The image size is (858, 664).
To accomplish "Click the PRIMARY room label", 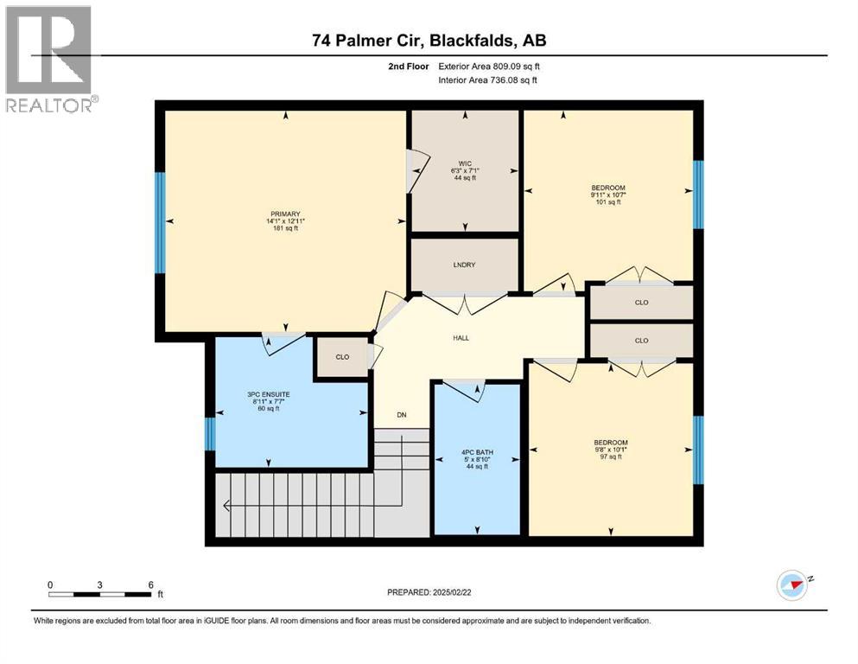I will coord(284,214).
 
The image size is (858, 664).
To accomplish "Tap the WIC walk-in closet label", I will coord(464,163).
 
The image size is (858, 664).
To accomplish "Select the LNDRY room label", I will coord(464,265).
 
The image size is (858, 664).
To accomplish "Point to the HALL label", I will coord(461,337).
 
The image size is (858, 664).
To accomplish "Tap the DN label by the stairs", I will coord(402,415).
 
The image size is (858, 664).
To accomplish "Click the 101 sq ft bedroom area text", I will coord(608,203).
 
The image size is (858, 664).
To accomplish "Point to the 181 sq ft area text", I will coord(284,229).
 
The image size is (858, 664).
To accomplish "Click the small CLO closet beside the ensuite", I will coord(342,356).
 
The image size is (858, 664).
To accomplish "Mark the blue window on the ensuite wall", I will coord(210,434).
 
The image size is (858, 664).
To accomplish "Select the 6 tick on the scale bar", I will coord(151,585).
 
